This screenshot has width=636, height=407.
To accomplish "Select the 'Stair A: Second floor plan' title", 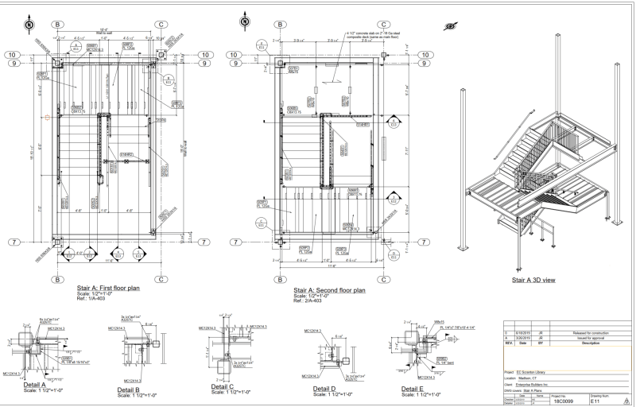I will [x=329, y=290].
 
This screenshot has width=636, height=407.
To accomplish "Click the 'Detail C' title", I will [x=226, y=386].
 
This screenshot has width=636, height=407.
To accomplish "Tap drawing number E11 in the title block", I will [x=596, y=401].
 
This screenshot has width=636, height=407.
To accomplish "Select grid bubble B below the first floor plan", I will [x=57, y=280].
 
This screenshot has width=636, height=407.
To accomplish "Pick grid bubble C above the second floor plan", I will [x=384, y=25].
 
